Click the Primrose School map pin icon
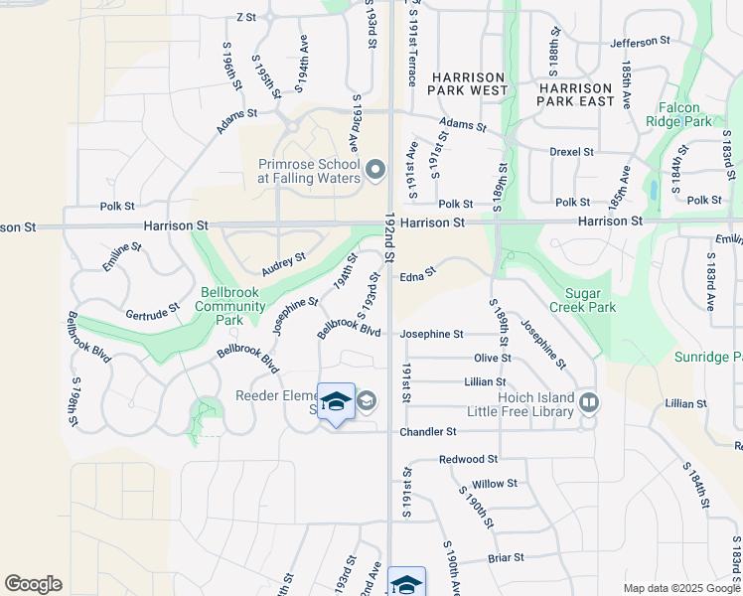point(375,170)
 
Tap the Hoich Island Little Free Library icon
point(589,401)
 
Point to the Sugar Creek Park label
point(590,300)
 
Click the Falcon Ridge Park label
point(685,115)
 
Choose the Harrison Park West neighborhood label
point(467,83)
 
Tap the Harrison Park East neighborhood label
point(575,83)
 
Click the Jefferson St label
point(640,42)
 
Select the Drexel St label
point(571,152)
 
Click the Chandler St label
point(428,432)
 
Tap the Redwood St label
point(468,460)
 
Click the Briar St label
point(506,558)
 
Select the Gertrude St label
point(152,311)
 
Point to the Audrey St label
point(283,264)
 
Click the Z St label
point(246,18)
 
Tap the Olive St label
point(492,358)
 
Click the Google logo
point(33,584)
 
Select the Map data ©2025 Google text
point(679,588)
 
